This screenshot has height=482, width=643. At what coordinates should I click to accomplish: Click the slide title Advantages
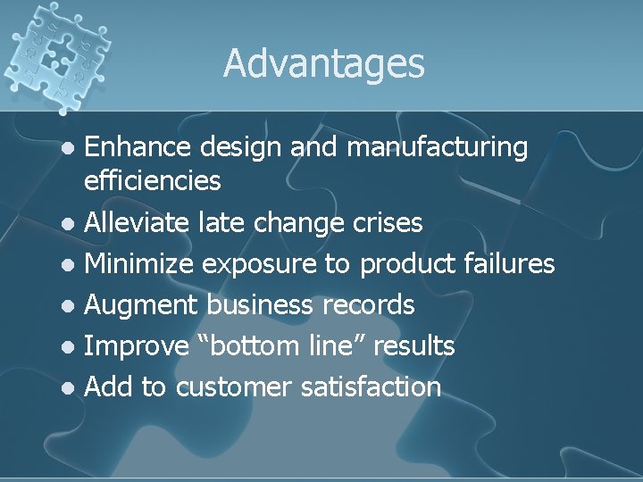tap(323, 62)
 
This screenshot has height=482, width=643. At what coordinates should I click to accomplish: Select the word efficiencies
tap(152, 181)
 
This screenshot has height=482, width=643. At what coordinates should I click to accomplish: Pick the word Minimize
tap(140, 263)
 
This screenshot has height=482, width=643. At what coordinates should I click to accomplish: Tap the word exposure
tap(258, 264)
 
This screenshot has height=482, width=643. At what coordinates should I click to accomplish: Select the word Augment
tap(141, 305)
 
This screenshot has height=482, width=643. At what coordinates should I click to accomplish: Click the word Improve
tap(136, 346)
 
